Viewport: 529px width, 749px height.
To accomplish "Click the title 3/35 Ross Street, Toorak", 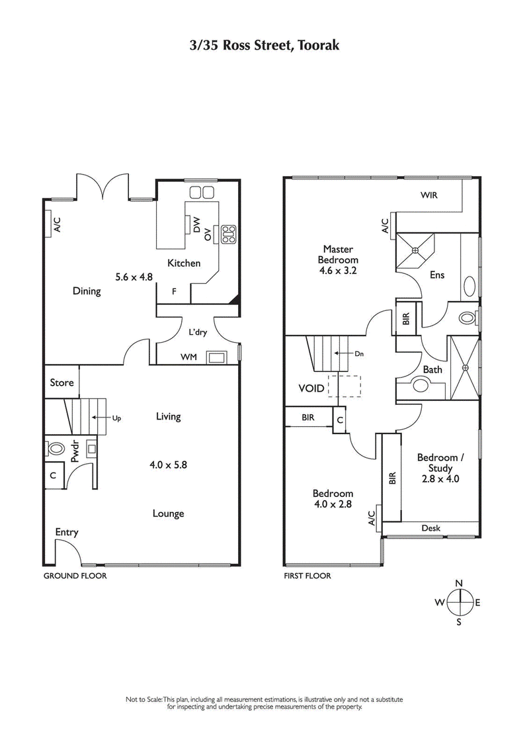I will point(264,45).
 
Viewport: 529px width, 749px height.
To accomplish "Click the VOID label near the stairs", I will point(311,388).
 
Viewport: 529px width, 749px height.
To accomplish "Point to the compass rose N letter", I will point(459,582).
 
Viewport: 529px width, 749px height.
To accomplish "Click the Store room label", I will point(61,383).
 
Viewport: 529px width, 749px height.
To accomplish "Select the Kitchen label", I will point(183,263).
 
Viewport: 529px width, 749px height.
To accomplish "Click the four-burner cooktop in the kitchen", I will point(229,233).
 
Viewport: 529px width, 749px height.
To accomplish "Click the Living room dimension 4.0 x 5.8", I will point(168,464).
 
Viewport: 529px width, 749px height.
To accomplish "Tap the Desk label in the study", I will point(430,528).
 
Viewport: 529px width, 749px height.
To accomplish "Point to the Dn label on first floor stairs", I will point(359,354).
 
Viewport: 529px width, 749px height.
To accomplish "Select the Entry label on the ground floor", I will point(67,532).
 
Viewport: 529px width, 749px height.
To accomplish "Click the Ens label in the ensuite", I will point(436,275).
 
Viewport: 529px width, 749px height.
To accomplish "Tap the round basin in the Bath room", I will point(420,386).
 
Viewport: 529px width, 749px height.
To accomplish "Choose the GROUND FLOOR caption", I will point(75,576).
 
